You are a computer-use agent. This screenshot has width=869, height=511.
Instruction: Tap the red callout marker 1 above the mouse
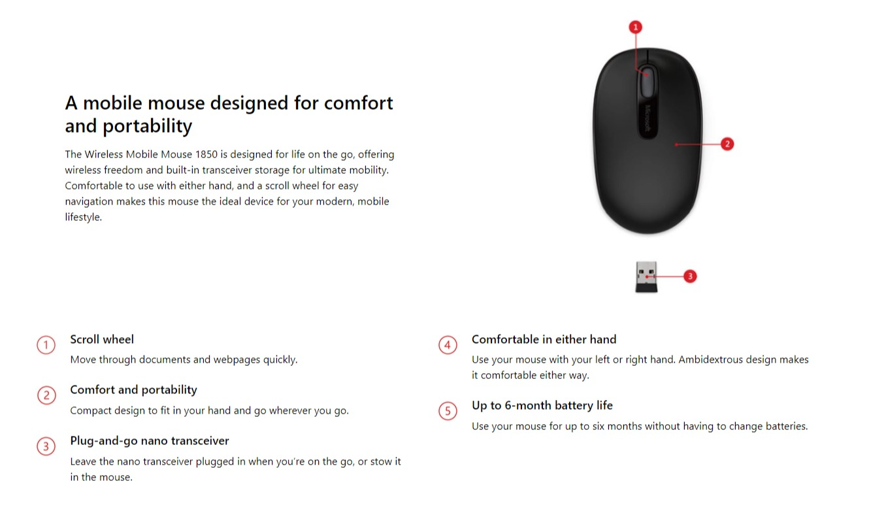point(636,27)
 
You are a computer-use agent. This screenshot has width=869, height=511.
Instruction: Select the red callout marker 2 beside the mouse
point(727,144)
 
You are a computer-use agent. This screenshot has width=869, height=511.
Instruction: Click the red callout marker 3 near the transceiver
point(690,276)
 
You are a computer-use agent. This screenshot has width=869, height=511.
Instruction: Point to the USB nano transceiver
point(646,276)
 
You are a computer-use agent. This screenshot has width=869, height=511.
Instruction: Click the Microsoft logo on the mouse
point(649,118)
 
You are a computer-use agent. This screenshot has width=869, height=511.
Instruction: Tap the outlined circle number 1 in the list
point(46,345)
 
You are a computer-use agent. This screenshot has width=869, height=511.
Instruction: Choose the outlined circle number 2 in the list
point(46,395)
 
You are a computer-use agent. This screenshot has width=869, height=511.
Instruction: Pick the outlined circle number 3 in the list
point(46,446)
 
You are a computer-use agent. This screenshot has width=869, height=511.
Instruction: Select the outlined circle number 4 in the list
point(448,345)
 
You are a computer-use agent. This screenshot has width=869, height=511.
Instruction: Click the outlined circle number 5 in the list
point(448,411)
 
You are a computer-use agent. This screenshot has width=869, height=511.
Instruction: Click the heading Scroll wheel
point(102,339)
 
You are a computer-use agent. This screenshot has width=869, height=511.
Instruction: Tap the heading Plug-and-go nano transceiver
point(150,440)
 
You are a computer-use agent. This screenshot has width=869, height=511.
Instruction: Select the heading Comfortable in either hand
point(544,339)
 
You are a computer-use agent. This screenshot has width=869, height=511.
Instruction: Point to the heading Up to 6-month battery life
point(542,405)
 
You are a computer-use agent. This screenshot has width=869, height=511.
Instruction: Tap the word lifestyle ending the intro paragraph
point(82,217)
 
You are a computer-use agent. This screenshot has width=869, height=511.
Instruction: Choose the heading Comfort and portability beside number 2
point(133,389)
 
